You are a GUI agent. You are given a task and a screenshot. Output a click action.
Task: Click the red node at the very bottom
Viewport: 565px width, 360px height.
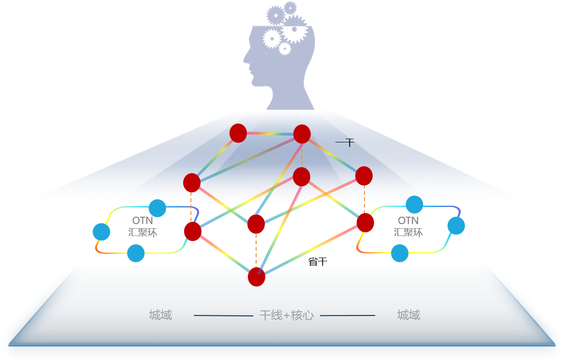click(x=257, y=277)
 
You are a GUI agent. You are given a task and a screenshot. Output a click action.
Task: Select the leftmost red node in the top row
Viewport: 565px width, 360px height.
click(x=238, y=133)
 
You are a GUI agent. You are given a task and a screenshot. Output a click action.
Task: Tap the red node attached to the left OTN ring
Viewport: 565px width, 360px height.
click(x=193, y=231)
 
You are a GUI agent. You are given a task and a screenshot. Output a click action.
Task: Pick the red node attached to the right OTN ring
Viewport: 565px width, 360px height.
click(x=365, y=223)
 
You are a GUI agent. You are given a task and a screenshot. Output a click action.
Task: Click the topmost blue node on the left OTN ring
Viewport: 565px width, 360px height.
click(x=157, y=208)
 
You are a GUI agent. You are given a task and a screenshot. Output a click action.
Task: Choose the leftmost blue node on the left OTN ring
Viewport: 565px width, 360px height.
click(x=101, y=232)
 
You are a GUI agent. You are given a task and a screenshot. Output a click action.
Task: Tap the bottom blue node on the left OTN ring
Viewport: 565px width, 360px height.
click(x=136, y=253)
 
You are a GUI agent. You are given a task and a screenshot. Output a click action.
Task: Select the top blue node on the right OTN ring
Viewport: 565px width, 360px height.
click(x=414, y=204)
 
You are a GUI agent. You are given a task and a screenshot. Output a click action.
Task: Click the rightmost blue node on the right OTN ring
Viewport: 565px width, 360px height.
click(x=456, y=225)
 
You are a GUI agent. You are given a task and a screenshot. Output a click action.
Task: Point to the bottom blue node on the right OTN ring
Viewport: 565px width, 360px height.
click(x=400, y=253)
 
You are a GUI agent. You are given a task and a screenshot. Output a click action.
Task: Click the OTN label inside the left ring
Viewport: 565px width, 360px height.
click(x=142, y=221)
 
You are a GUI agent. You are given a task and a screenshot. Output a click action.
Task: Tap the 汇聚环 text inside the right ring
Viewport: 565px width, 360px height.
click(x=408, y=232)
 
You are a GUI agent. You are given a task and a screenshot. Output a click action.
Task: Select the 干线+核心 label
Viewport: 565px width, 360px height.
click(x=286, y=315)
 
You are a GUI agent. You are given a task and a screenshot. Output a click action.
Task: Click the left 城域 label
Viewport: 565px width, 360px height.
click(x=161, y=315)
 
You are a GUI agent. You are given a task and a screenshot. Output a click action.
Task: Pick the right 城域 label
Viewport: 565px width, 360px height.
click(x=408, y=315)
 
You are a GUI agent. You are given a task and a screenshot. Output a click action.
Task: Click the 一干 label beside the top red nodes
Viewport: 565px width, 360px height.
click(x=345, y=143)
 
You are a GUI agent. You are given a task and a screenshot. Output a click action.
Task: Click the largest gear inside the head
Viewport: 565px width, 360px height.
click(x=294, y=30)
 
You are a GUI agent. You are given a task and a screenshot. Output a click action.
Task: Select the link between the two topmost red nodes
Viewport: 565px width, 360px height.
click(x=270, y=134)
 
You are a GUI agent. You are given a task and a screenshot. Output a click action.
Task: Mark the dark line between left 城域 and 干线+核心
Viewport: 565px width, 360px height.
click(x=224, y=316)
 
